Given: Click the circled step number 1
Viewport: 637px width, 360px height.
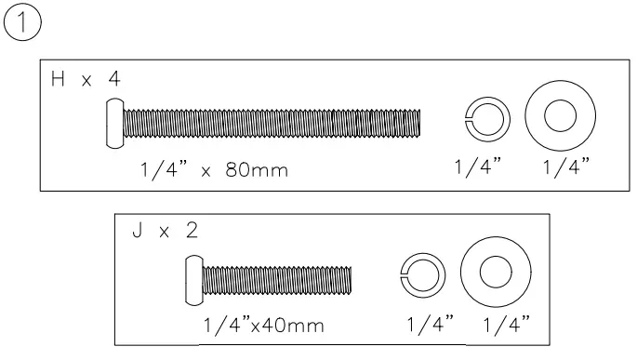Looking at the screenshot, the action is coord(22,21).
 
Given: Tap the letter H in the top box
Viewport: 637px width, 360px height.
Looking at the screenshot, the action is coord(58,79).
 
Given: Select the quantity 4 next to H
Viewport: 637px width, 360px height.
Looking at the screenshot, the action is coord(114,79).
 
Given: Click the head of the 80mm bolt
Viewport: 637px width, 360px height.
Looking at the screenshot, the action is coord(115,123).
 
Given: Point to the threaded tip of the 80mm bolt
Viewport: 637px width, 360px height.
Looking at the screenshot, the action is coord(419,123).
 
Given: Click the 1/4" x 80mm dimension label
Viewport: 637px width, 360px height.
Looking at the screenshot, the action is coord(214,169).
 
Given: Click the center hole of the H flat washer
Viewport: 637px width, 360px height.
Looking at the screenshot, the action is coord(560,115).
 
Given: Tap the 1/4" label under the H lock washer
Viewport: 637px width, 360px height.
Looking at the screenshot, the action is coord(478,167).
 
